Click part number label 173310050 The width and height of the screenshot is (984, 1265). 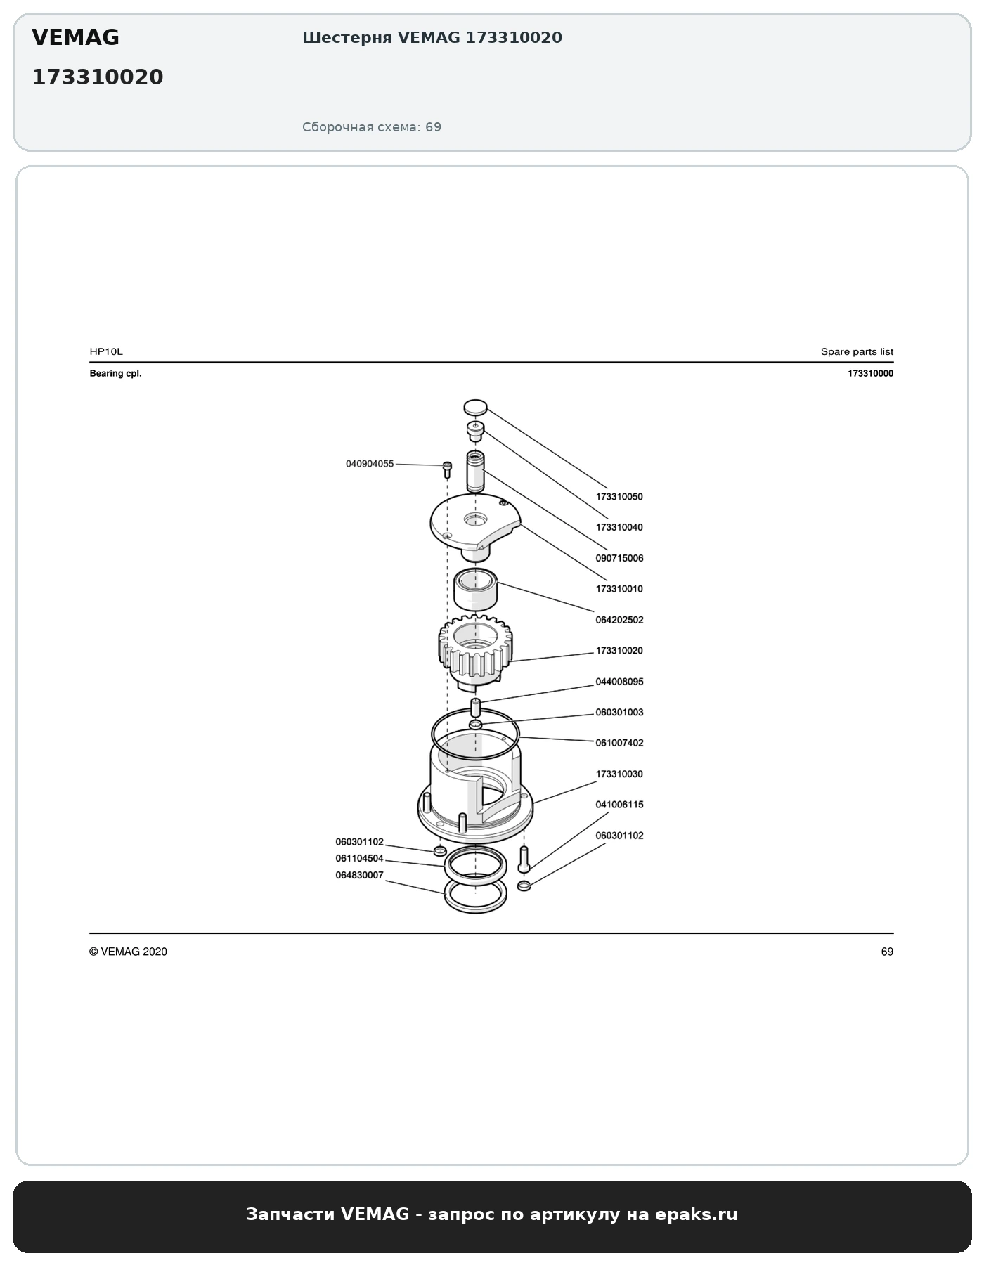619,497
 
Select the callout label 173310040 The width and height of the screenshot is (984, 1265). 619,528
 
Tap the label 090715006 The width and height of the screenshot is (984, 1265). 619,559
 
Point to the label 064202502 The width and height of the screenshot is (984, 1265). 619,620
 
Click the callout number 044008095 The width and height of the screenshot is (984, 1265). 619,682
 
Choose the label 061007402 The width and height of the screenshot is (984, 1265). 619,743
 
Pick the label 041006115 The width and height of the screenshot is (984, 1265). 619,805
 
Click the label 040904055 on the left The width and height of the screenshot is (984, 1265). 370,464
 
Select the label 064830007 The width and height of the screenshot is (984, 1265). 359,875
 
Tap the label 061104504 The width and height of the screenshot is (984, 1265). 359,858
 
